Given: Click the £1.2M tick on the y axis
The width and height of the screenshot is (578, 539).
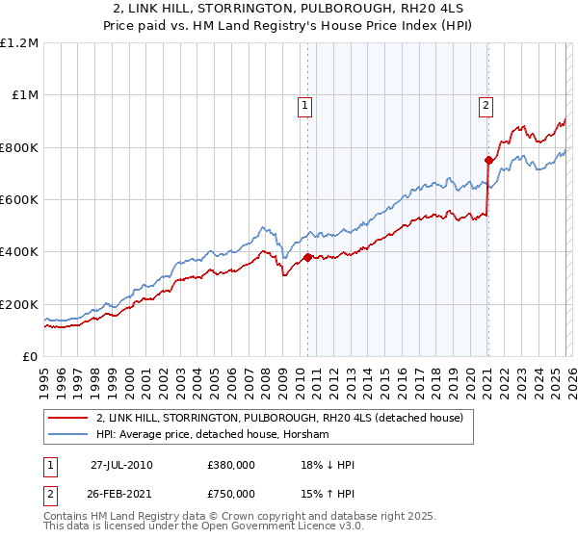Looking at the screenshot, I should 19,43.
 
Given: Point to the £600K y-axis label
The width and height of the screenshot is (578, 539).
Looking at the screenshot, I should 19,200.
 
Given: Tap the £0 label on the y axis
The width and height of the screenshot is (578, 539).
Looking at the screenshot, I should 30,357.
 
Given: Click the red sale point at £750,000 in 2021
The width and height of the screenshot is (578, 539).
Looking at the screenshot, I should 488,161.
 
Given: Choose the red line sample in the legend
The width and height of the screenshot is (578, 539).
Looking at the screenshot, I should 69,418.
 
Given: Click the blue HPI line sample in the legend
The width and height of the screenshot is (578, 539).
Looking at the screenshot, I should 69,435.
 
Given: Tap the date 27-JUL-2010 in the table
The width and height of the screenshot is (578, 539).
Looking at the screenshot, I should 122,465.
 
